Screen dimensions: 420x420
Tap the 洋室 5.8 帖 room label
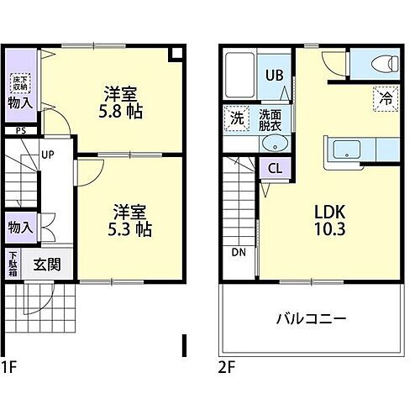(x=121, y=101)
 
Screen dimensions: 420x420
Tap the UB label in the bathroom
(x=275, y=74)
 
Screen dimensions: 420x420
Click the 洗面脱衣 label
(x=270, y=118)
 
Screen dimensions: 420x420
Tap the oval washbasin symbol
(x=274, y=144)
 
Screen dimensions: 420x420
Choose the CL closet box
(x=274, y=167)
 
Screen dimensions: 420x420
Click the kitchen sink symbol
(x=345, y=150)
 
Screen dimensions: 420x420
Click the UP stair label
(x=48, y=155)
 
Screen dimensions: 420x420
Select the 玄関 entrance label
(x=47, y=264)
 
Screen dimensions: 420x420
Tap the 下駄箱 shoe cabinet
(x=13, y=264)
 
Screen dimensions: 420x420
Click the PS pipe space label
(x=20, y=130)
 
